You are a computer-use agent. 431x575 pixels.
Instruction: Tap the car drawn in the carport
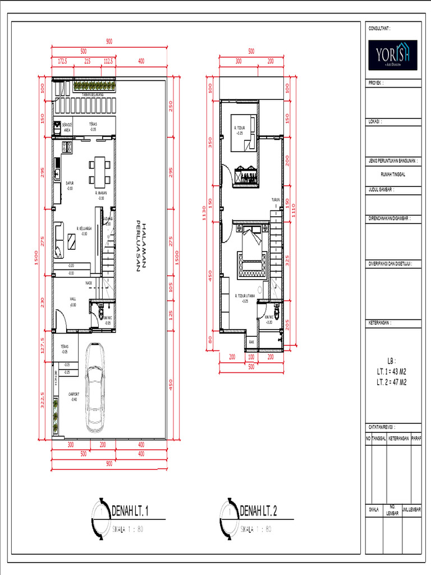(95, 387)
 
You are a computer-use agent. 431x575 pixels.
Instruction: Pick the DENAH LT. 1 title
(130, 511)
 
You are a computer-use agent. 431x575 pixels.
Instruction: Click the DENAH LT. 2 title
(258, 511)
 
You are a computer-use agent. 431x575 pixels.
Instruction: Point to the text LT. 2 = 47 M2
(392, 382)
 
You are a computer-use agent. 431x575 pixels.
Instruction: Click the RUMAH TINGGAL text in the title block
(392, 174)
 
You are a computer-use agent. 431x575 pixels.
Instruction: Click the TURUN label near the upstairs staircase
(275, 200)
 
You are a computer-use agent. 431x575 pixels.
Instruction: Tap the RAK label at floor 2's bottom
(252, 342)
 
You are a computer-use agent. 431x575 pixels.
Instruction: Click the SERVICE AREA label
(67, 127)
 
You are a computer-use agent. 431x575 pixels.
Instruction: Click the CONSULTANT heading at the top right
(379, 28)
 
